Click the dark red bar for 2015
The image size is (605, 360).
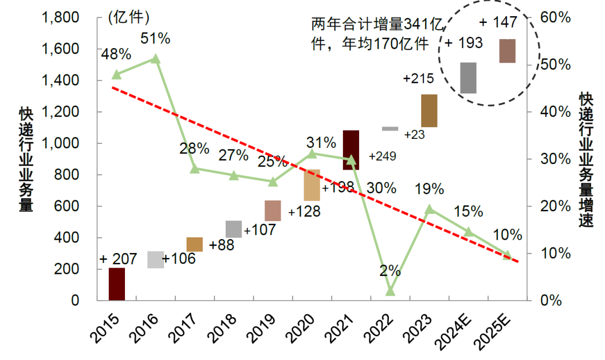coord(117,284)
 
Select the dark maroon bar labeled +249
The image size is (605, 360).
coord(351,150)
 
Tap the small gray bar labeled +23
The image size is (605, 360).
coord(390,129)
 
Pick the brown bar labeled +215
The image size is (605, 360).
coord(429,111)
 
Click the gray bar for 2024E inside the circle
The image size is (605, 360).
coord(468,78)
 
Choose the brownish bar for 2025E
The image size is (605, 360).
coord(508,51)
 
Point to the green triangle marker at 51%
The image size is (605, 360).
coord(156,59)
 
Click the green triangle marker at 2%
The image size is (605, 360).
coord(390,291)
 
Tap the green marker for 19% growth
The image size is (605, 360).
coord(429,209)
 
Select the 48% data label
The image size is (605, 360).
coord(116,54)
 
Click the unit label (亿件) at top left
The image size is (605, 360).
coord(128,18)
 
